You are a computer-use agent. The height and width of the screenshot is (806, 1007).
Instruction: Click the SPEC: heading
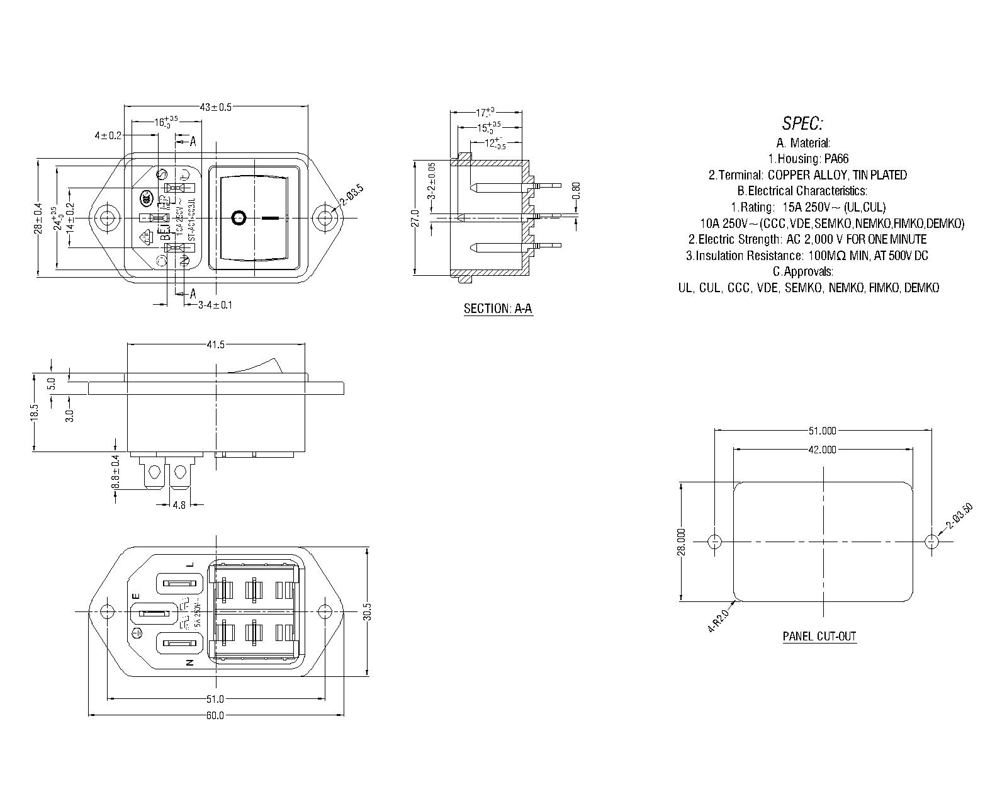pos(802,123)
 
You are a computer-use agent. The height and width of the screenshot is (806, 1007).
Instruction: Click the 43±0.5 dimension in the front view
pos(216,107)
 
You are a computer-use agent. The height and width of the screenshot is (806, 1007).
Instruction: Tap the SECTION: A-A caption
pos(498,309)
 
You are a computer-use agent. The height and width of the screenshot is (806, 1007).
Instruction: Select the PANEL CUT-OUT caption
pos(819,636)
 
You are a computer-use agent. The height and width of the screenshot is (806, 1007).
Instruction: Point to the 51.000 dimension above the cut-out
pos(822,431)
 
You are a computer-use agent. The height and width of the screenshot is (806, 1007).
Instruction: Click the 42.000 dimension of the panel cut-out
pos(822,450)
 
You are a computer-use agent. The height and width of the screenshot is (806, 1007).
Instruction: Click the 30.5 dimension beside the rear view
pos(368,611)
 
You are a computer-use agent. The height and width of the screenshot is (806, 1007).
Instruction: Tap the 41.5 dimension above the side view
pos(215,345)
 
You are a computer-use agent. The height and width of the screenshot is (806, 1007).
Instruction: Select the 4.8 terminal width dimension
pos(179,504)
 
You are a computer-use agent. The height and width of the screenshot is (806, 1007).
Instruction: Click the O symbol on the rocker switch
pos(239,218)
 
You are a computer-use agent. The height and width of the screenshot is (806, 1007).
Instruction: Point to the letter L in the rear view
pos(189,565)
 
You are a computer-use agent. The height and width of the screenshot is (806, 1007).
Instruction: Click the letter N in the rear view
pos(189,662)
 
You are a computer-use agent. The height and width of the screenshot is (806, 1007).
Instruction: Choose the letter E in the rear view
pos(135,596)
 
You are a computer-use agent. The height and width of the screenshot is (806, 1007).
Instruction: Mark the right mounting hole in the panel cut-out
pos(932,542)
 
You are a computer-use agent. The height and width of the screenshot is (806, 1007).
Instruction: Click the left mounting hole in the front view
pos(108,218)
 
